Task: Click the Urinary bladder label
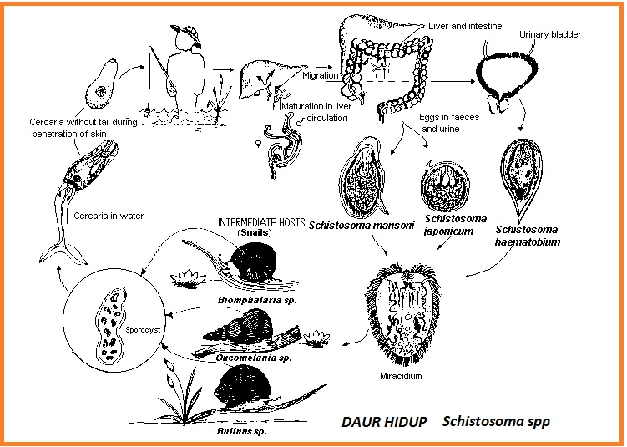pos(549,35)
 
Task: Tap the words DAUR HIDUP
pos(384,422)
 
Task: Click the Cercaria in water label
pos(109,216)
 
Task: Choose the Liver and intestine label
pos(465,26)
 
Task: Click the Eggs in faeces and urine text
pos(450,123)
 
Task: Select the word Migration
pos(321,75)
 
